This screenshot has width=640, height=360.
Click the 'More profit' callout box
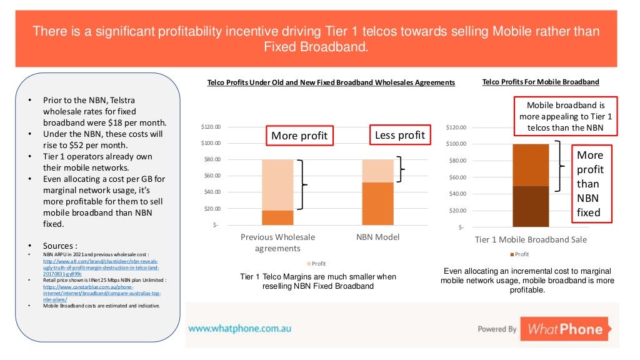point(299,136)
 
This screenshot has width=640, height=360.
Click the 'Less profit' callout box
point(399,135)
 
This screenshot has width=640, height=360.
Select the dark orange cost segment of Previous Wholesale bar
point(277,217)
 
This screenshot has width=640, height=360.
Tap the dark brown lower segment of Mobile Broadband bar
point(530,206)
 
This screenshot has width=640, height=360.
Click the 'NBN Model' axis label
point(377,237)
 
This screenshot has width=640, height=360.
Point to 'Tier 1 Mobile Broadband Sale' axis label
point(531,239)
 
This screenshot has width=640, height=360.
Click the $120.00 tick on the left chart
point(211,127)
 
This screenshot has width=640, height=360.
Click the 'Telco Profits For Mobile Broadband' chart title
point(541,82)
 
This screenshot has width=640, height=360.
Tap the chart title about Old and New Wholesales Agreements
point(331,82)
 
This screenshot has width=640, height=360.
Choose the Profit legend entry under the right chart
point(519,254)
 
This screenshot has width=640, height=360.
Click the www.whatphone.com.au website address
point(239,328)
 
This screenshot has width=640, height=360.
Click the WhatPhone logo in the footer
point(564,329)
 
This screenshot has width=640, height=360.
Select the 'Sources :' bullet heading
point(59,246)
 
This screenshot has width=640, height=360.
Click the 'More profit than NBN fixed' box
point(589,183)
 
